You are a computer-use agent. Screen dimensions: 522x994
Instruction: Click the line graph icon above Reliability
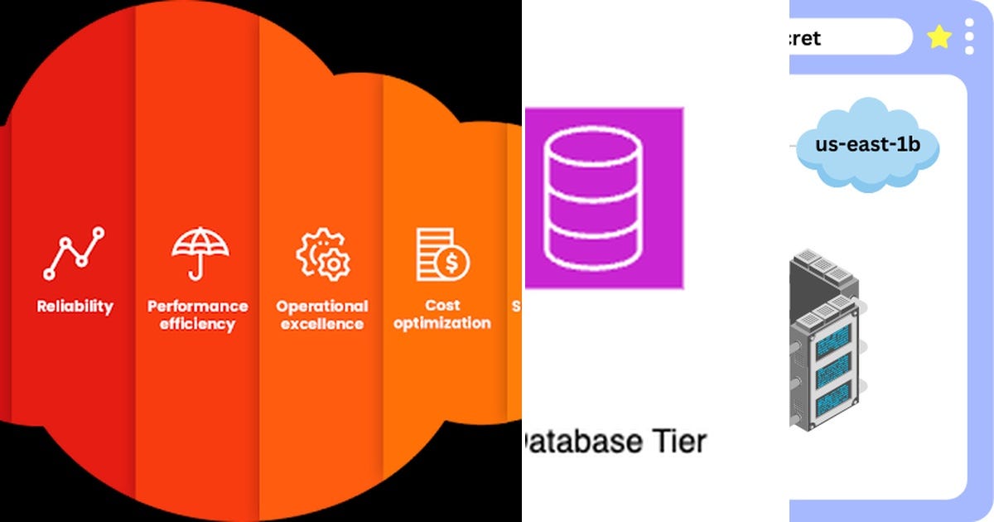click(x=75, y=253)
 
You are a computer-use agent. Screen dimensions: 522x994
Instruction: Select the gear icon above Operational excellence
click(x=322, y=254)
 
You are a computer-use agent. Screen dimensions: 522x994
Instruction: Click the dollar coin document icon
click(x=442, y=254)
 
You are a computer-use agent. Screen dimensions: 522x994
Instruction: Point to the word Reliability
click(x=75, y=307)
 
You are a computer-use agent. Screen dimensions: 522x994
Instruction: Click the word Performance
click(x=197, y=306)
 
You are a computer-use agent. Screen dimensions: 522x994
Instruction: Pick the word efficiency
click(x=197, y=324)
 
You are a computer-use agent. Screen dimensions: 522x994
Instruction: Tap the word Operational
click(x=322, y=306)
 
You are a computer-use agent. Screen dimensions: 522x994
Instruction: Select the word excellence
click(x=322, y=324)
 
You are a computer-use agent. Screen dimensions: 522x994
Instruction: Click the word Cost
click(x=442, y=306)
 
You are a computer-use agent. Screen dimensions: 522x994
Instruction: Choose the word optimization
click(x=442, y=324)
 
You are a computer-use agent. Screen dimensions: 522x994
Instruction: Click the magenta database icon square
click(x=604, y=197)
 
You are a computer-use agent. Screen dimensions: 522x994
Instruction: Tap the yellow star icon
click(x=939, y=37)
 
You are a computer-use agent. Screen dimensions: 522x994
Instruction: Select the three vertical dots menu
click(x=970, y=37)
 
